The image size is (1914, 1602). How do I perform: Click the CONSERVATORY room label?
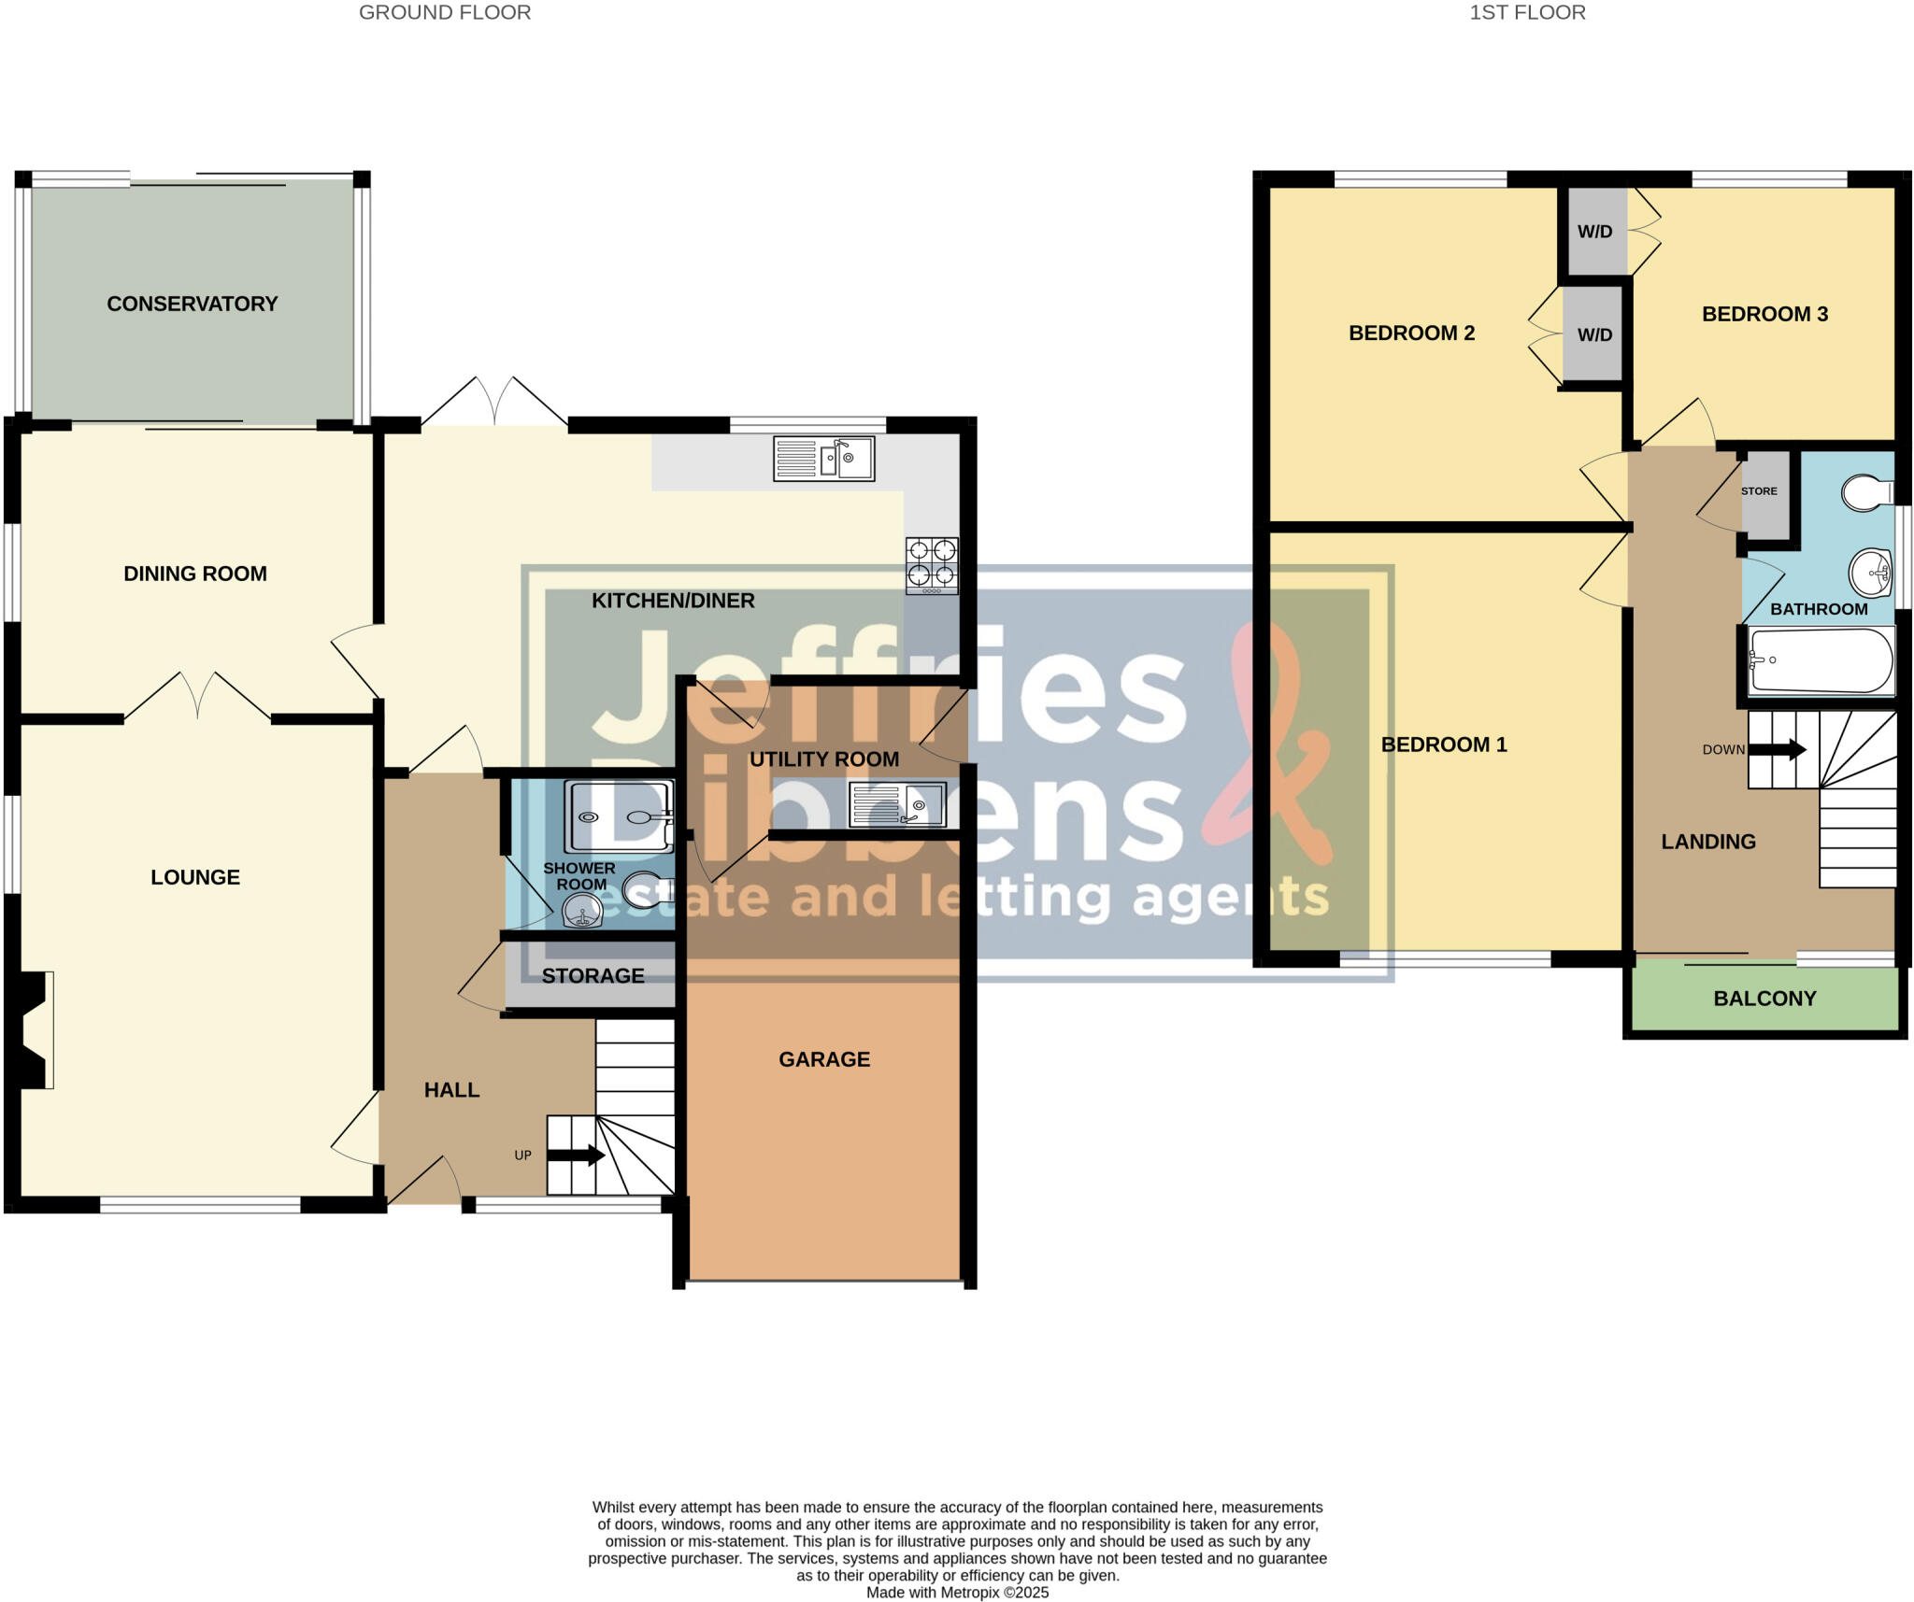(x=192, y=304)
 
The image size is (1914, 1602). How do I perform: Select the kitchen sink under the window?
(x=823, y=459)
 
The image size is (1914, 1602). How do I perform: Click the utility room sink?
(x=897, y=804)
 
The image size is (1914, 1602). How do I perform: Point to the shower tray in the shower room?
(x=618, y=816)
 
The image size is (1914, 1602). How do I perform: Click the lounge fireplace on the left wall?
(x=33, y=1029)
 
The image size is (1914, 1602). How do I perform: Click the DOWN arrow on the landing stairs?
(x=1777, y=749)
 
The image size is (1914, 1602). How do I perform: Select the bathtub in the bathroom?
(x=1821, y=661)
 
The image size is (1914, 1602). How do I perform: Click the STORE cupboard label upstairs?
(x=1759, y=491)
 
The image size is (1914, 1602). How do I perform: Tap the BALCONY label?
(x=1764, y=999)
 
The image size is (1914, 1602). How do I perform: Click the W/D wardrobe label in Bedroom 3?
(x=1594, y=232)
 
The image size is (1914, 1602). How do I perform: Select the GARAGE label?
(x=824, y=1059)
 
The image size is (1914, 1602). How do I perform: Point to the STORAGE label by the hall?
(x=593, y=975)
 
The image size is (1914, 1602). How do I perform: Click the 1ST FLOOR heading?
(x=1527, y=12)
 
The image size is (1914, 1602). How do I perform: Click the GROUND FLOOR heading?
(x=445, y=12)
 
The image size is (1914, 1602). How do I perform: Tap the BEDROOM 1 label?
(x=1444, y=744)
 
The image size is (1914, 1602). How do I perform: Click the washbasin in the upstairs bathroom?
(x=1870, y=571)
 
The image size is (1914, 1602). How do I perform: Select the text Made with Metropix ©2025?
(x=957, y=1592)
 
